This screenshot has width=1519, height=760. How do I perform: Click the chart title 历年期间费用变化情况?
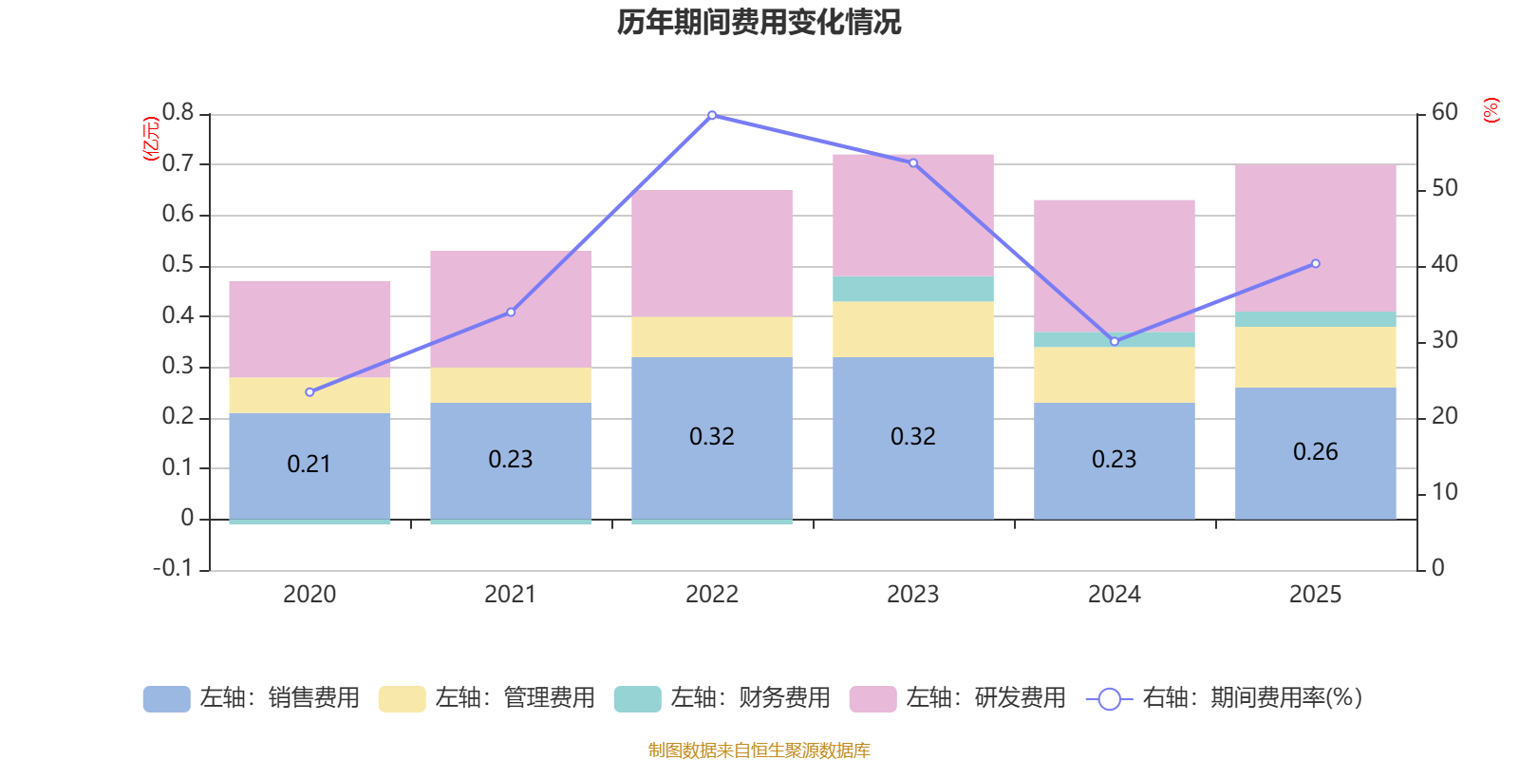point(759,22)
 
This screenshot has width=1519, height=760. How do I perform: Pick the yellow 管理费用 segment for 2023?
point(912,329)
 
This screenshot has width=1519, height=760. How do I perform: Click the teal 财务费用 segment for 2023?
point(912,289)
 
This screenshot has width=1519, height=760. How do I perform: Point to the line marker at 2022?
point(712,115)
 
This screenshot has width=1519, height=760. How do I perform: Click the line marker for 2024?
point(1115,341)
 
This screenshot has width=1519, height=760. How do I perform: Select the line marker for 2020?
point(309,391)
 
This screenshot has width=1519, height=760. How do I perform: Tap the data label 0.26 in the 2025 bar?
point(1315,451)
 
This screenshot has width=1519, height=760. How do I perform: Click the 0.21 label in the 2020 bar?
point(309,464)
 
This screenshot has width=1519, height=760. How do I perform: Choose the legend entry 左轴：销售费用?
point(252,698)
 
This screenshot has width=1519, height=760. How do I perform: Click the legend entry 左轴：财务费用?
point(722,698)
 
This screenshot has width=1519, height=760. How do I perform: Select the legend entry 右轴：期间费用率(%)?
point(1225,698)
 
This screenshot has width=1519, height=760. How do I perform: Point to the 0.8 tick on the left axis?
point(178,113)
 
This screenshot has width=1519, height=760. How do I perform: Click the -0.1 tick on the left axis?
point(173,568)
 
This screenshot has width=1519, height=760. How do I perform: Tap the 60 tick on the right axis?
point(1444,113)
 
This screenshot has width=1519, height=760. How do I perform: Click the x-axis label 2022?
point(712,595)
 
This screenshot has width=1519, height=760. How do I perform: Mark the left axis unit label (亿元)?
point(150,139)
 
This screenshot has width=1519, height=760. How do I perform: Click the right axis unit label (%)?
point(1491,110)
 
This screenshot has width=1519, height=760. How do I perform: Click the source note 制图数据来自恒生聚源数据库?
point(759,750)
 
